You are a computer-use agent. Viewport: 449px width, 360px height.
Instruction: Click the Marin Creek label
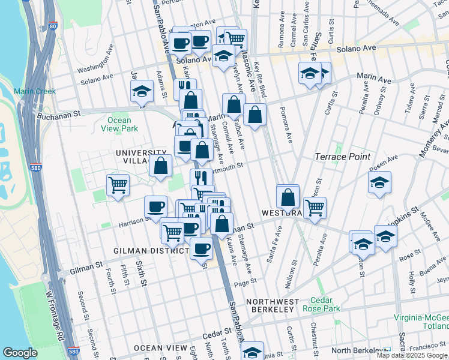pos(35,91)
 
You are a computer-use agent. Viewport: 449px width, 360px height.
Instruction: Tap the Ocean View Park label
pos(122,124)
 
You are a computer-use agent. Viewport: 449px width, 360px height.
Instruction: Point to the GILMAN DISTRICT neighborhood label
pos(146,250)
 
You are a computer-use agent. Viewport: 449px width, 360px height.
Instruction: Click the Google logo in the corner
pos(20,353)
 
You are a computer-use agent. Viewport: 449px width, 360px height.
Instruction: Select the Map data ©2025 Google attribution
pos(412,355)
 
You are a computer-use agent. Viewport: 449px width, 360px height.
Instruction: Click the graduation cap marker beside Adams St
pos(142,92)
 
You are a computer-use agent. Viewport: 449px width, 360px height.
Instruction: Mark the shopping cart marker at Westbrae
pos(315,207)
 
